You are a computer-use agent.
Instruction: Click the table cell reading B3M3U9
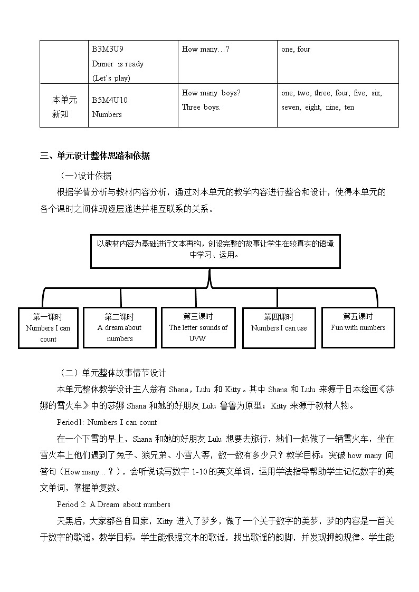[x=108, y=50]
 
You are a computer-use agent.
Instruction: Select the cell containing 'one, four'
[x=296, y=50]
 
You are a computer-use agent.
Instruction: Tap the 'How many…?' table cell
[x=205, y=50]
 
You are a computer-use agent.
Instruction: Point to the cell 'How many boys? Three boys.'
[x=211, y=100]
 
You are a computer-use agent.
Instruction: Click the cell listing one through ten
[x=332, y=100]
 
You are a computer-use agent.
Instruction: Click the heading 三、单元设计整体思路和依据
[x=95, y=156]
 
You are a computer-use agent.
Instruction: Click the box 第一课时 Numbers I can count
[x=48, y=328]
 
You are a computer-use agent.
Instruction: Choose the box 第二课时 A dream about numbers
[x=120, y=328]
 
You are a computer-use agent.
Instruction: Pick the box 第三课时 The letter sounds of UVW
[x=198, y=327]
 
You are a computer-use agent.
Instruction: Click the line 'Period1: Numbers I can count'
[x=107, y=422]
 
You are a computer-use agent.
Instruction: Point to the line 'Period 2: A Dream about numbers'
[x=113, y=504]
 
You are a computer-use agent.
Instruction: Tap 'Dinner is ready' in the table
[x=118, y=64]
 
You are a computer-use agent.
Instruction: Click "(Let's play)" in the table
[x=111, y=78]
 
